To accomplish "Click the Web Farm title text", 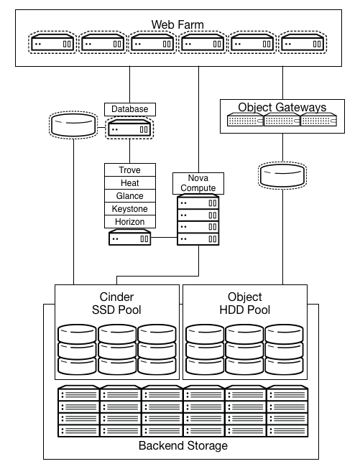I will pyautogui.click(x=177, y=25).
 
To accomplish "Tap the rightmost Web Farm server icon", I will pyautogui.click(x=302, y=44).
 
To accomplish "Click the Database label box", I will pyautogui.click(x=130, y=109).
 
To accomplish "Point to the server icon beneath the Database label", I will pyautogui.click(x=130, y=129).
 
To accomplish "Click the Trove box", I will pyautogui.click(x=130, y=170).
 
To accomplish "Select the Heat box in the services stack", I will pyautogui.click(x=130, y=183).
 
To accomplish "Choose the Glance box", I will pyautogui.click(x=130, y=196).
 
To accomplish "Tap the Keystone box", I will pyautogui.click(x=130, y=209).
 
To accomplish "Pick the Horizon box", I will pyautogui.click(x=130, y=222).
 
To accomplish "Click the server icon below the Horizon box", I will pyautogui.click(x=130, y=239).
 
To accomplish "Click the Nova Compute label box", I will pyautogui.click(x=198, y=183).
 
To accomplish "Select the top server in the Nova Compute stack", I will pyautogui.click(x=198, y=203).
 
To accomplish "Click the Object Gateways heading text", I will pyautogui.click(x=282, y=108).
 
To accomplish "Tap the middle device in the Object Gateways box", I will pyautogui.click(x=282, y=121).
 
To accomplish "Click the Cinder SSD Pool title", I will pyautogui.click(x=116, y=304).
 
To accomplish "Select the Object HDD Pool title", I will pyautogui.click(x=244, y=304).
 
